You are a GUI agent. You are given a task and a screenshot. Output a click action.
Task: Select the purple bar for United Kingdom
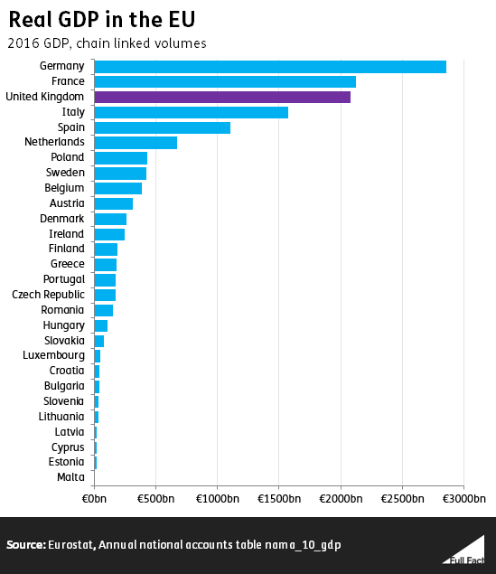[222, 97]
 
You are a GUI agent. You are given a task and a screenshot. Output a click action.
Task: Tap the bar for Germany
[270, 66]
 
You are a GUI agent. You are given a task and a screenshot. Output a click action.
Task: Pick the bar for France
[225, 81]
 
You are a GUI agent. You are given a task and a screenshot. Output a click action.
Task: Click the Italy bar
[191, 112]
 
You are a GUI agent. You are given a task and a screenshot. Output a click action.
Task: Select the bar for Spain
[162, 127]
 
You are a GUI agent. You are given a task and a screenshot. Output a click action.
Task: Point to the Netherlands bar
[136, 142]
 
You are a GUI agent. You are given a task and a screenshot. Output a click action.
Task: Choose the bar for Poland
[120, 157]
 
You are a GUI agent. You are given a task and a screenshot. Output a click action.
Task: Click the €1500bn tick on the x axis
[279, 499]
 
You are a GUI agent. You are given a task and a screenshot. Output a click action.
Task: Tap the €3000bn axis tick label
[464, 499]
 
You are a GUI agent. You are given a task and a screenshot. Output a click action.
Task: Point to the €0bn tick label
[94, 499]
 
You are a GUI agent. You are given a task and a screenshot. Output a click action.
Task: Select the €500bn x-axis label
[155, 499]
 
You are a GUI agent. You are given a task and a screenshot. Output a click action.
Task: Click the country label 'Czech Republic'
[48, 295]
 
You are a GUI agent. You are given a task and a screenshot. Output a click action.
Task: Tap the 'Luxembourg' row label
[53, 355]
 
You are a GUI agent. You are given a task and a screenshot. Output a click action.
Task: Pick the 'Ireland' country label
[66, 233]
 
